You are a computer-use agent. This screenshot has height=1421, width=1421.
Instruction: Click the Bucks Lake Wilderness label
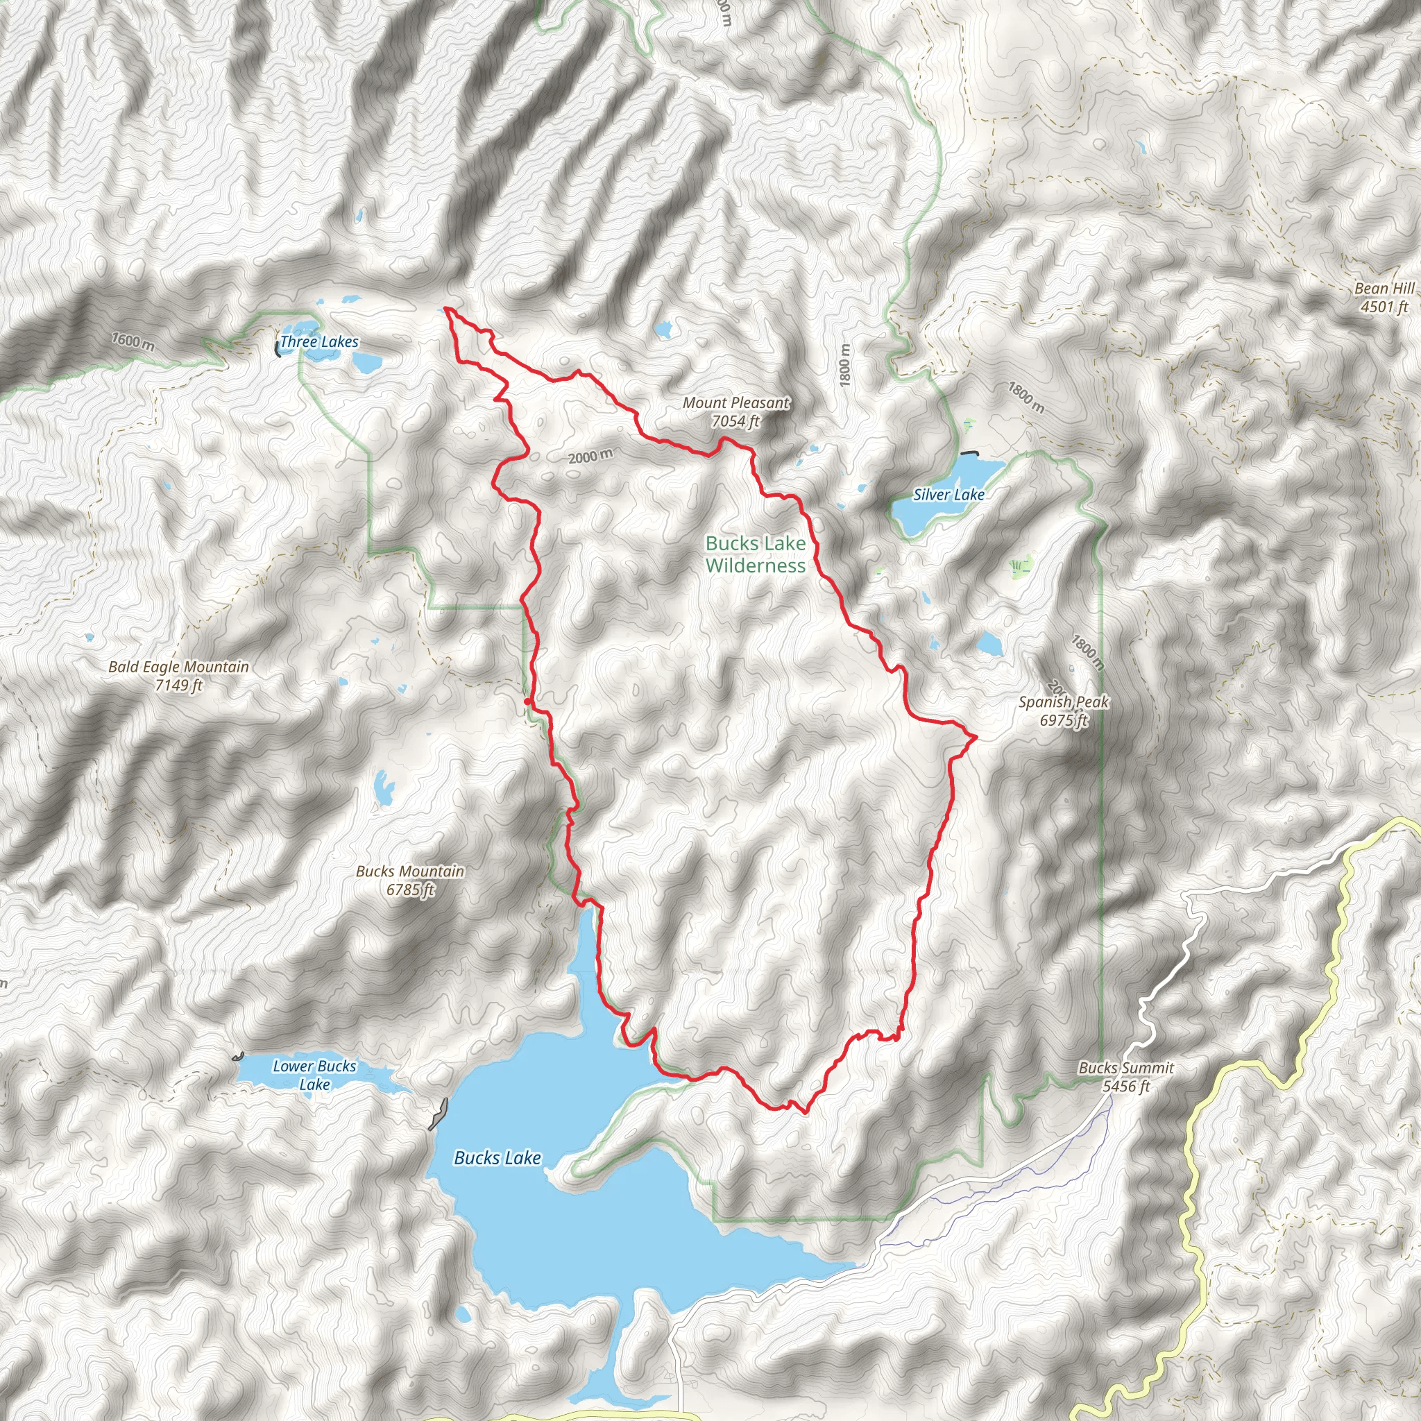pos(756,554)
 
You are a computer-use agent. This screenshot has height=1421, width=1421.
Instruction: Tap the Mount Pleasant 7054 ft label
pos(735,412)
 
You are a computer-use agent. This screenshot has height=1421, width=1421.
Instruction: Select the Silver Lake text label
pos(948,495)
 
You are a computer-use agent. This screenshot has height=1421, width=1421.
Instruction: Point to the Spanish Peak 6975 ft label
pos(1063,711)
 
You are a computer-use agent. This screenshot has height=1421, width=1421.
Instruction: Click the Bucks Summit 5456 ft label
pos(1126,1077)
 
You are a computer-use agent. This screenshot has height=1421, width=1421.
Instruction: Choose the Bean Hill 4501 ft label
pos(1384,298)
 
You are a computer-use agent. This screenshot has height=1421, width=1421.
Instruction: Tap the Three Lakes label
pos(319,342)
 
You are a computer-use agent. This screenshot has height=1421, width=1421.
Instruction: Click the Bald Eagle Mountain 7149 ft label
pos(179,676)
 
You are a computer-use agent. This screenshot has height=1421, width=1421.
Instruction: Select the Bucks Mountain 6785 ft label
pos(411,880)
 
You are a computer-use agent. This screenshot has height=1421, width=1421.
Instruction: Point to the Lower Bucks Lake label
pos(314,1075)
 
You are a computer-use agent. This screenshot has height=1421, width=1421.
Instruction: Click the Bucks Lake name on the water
pos(497,1159)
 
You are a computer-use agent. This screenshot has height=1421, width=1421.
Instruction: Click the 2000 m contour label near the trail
pos(590,457)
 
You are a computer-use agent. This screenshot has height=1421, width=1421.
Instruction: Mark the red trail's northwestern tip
pos(445,309)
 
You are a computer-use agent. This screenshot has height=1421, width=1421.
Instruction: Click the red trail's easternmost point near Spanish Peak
pos(976,735)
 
